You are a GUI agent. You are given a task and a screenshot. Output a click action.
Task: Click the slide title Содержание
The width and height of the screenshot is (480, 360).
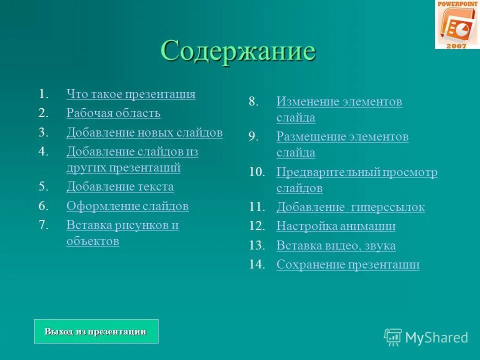(238, 50)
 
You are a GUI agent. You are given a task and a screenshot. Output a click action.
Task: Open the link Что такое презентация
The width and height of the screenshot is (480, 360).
(130, 94)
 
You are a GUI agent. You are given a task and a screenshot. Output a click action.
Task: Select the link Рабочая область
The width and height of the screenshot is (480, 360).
(113, 113)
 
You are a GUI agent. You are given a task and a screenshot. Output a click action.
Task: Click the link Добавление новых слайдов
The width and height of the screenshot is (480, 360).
(144, 132)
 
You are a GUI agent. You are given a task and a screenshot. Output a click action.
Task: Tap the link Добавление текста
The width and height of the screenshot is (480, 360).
(120, 187)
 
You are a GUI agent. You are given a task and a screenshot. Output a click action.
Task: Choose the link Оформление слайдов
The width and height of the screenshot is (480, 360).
(127, 206)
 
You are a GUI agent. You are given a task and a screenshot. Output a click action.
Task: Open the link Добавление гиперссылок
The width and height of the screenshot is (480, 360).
(350, 207)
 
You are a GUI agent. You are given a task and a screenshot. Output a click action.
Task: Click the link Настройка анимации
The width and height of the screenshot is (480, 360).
(336, 226)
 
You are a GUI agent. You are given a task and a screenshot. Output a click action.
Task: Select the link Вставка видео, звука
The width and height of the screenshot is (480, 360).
(336, 245)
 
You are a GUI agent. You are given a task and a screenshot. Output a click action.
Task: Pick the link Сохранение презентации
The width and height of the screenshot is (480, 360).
(348, 264)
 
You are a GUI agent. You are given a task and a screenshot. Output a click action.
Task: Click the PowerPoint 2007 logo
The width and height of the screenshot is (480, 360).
(457, 24)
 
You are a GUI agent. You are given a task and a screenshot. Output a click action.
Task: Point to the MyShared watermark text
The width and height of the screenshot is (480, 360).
(436, 337)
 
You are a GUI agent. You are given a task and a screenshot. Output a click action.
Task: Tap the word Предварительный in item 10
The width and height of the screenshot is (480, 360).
(328, 172)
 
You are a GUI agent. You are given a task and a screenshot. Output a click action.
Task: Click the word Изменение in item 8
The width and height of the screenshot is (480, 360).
(307, 102)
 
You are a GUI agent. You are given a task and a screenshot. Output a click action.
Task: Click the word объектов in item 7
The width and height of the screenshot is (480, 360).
(92, 241)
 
